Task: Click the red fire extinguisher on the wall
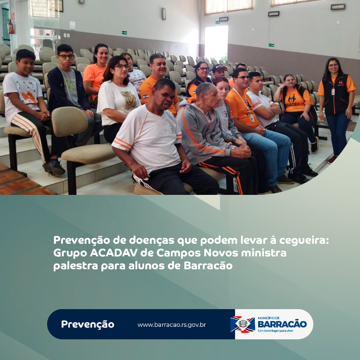(11, 26)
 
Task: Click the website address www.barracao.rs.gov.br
(172, 325)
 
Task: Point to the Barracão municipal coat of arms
(243, 324)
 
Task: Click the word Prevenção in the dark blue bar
(87, 324)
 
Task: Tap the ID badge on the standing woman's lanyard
(333, 91)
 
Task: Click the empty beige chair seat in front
(89, 153)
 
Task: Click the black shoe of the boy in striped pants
(54, 167)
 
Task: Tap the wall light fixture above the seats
(163, 13)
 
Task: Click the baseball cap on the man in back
(219, 68)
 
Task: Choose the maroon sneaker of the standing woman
(332, 159)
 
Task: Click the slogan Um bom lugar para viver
(275, 331)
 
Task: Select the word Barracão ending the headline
(208, 266)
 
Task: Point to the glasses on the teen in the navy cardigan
(66, 57)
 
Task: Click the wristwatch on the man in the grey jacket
(233, 148)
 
